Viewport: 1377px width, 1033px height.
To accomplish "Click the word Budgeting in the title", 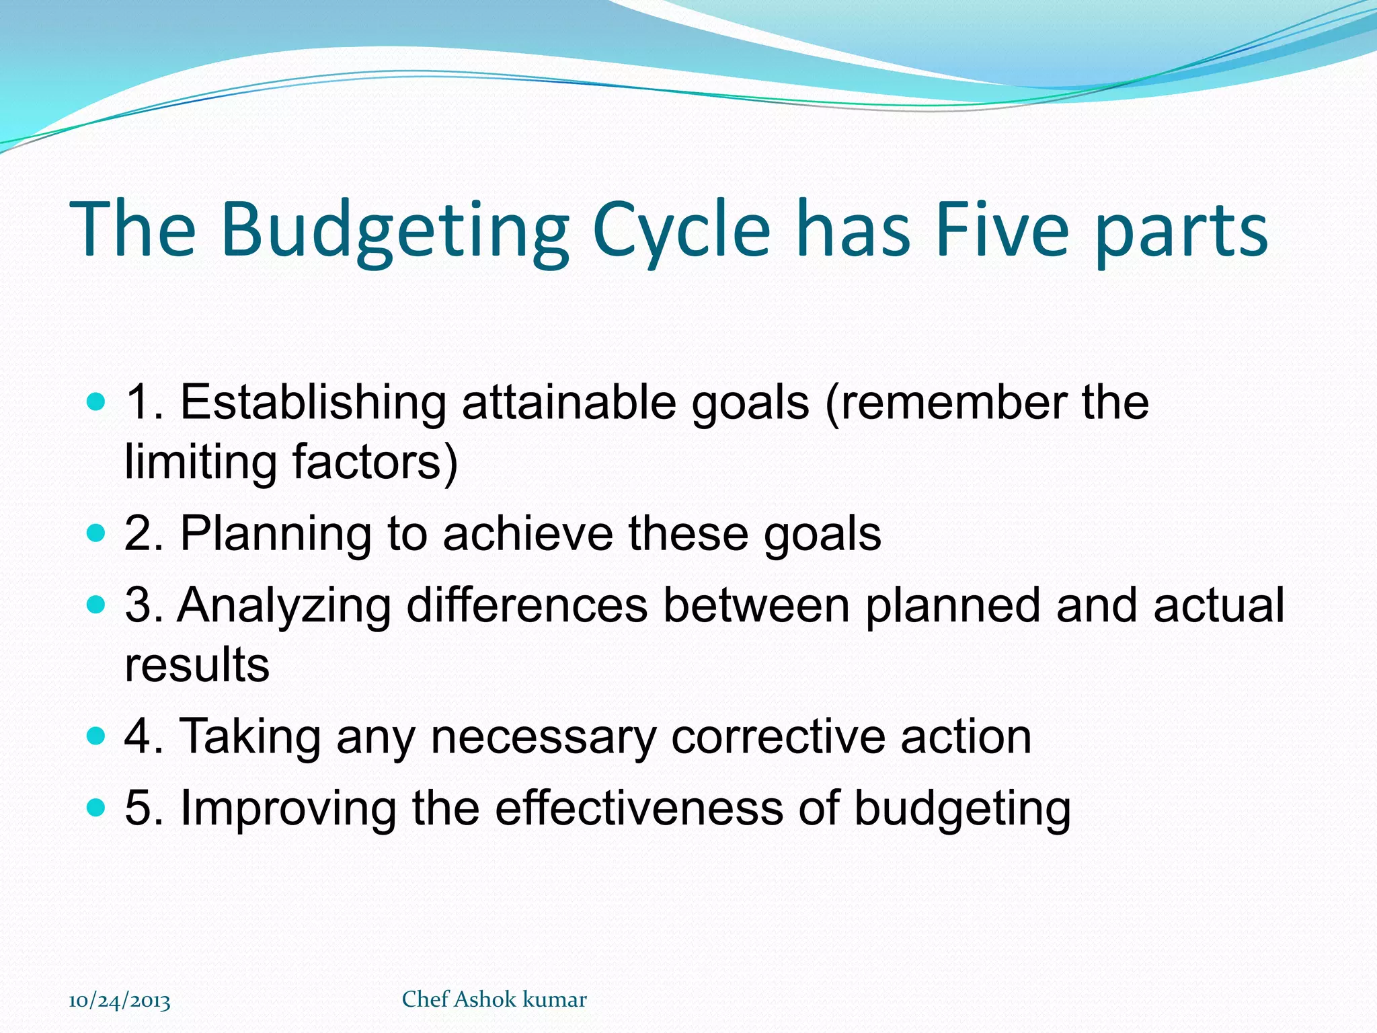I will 395,230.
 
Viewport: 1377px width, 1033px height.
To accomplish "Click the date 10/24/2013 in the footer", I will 120,1001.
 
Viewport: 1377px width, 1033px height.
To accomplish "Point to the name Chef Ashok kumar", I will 494,999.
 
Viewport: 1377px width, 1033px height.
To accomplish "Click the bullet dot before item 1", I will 97,403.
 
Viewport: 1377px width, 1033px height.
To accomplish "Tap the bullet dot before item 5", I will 97,807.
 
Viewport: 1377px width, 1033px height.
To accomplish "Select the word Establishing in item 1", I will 313,403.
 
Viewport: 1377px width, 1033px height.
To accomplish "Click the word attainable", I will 569,403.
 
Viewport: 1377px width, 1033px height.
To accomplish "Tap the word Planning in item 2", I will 276,534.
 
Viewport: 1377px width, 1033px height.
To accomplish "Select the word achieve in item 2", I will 528,534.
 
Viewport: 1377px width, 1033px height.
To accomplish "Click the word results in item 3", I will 197,664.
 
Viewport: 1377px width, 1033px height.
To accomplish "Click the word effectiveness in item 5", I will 639,807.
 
